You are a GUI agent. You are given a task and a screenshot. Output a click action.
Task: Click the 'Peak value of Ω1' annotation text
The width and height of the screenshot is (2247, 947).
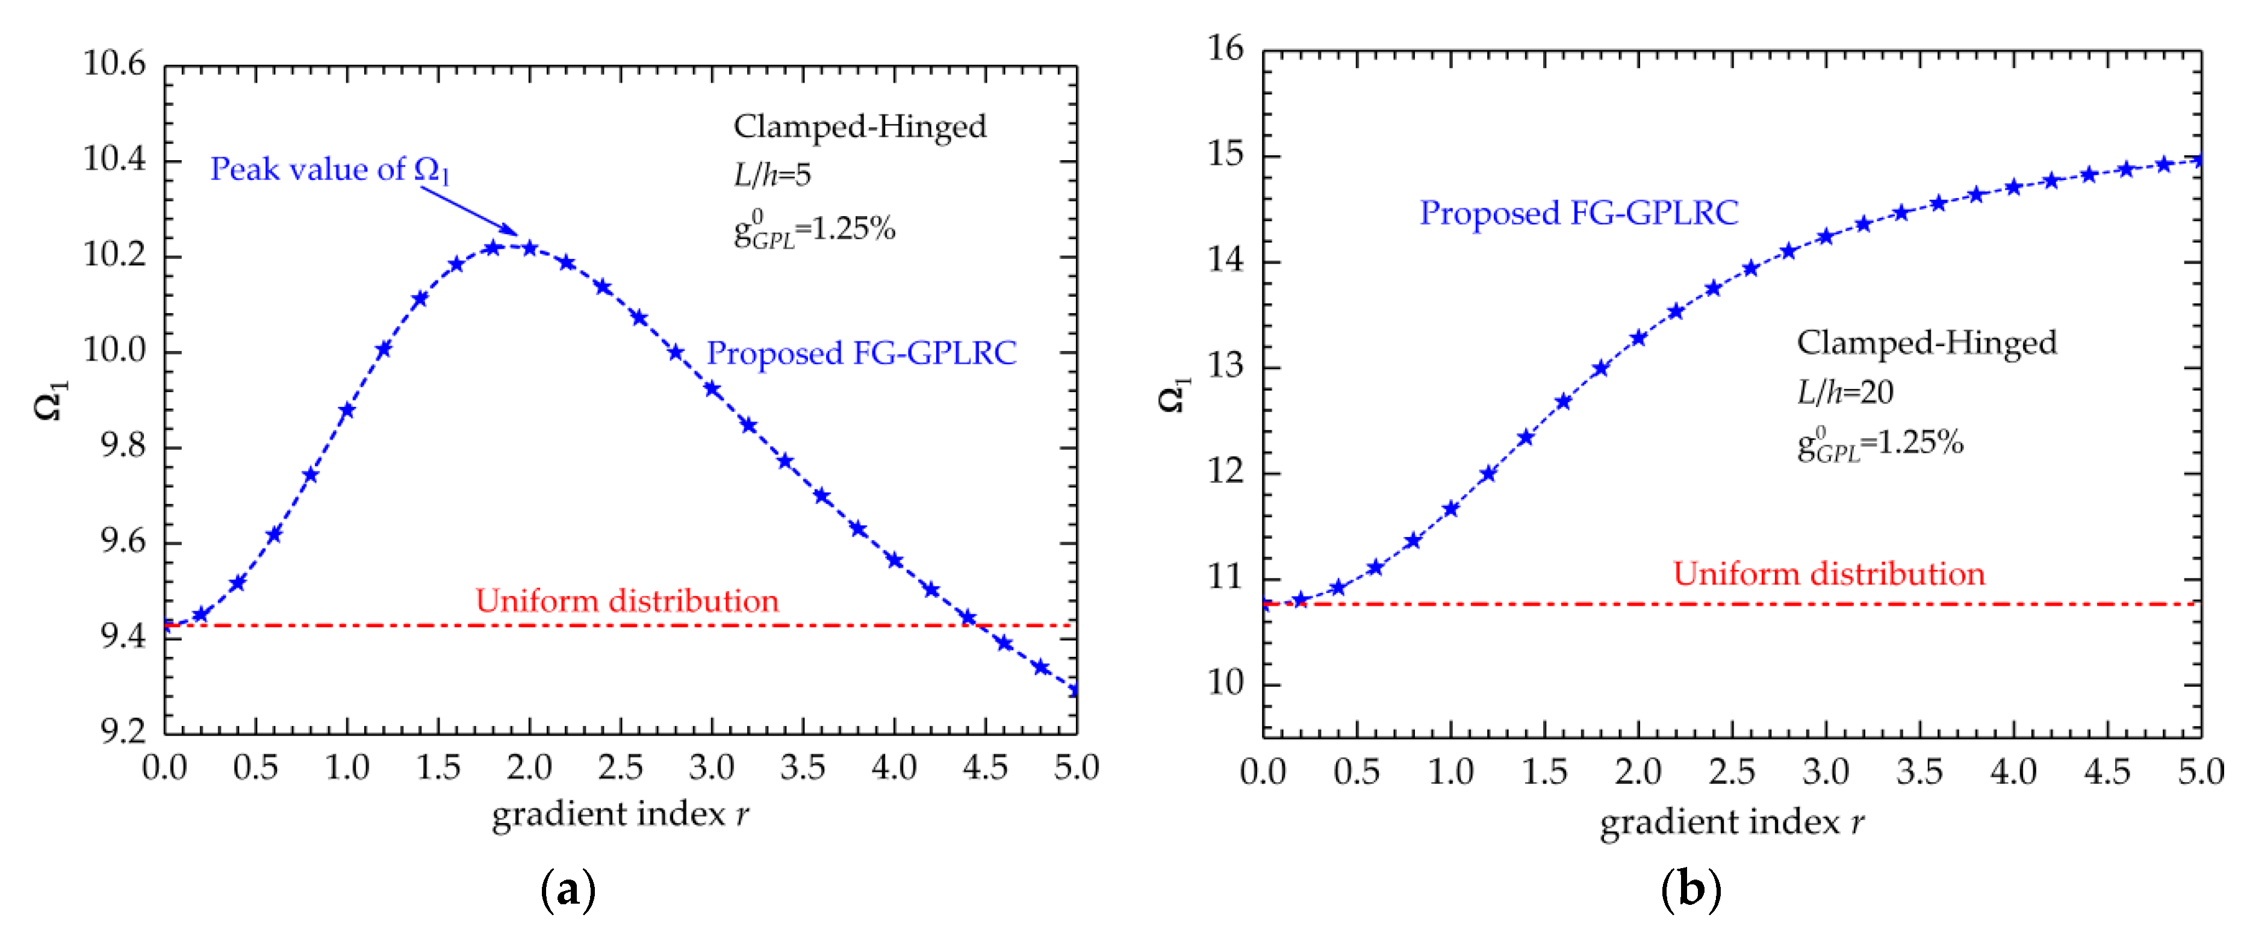(330, 170)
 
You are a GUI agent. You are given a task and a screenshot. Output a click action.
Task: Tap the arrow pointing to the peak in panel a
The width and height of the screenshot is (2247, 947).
(469, 211)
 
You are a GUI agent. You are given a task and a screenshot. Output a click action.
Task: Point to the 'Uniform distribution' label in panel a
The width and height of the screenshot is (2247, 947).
(626, 601)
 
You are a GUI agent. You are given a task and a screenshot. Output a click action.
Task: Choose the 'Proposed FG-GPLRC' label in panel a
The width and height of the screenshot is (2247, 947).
(861, 353)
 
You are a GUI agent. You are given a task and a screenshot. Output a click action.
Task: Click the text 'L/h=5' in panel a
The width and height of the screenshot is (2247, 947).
(772, 175)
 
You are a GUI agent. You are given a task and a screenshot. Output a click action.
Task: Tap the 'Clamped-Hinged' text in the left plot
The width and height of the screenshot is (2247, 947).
(859, 126)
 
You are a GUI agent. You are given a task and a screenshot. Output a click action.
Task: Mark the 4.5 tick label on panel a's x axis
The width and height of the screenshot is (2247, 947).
(985, 768)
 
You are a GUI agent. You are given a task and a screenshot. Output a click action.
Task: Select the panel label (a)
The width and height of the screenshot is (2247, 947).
(568, 890)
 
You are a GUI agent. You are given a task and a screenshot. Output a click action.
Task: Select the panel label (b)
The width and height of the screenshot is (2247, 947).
(1691, 890)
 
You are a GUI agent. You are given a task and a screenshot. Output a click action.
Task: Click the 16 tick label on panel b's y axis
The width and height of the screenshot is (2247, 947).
(1226, 49)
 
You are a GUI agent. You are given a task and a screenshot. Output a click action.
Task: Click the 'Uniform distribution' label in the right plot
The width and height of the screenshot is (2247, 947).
(1829, 574)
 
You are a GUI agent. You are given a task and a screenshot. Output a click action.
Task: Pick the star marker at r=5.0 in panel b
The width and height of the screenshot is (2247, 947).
(2199, 160)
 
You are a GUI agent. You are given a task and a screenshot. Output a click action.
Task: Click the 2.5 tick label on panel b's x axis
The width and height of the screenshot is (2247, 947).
(1732, 772)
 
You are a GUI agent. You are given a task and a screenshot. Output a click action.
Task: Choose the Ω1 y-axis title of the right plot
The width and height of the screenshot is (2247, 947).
(1173, 395)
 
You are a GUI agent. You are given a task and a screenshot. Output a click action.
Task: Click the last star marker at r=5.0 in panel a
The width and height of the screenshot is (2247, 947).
(1075, 690)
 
